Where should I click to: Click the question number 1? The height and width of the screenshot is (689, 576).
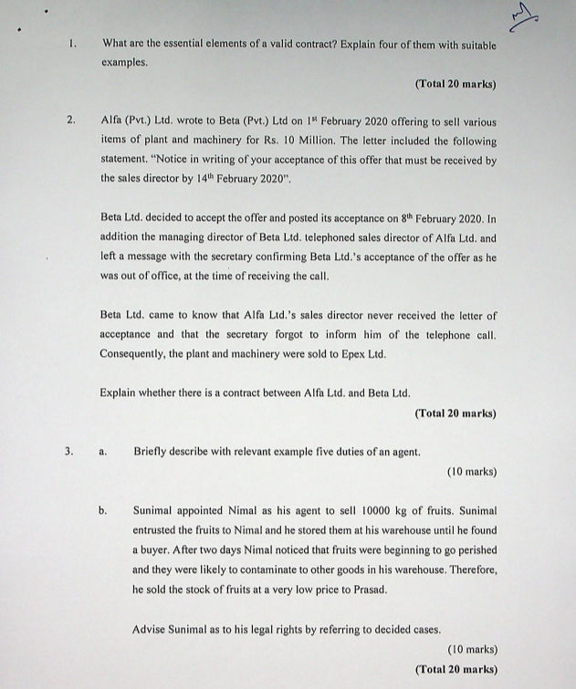[72, 43]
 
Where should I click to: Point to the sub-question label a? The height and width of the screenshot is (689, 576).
[103, 451]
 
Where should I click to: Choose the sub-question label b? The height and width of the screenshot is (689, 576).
[103, 512]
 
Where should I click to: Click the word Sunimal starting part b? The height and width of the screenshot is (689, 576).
[154, 512]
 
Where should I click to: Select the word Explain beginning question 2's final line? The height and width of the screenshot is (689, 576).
[120, 393]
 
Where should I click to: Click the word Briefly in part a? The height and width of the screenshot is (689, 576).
[152, 451]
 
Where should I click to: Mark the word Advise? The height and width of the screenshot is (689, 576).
[150, 630]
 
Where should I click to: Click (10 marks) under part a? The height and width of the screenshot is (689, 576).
[472, 472]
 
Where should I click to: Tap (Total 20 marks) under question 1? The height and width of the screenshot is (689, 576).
[456, 84]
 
